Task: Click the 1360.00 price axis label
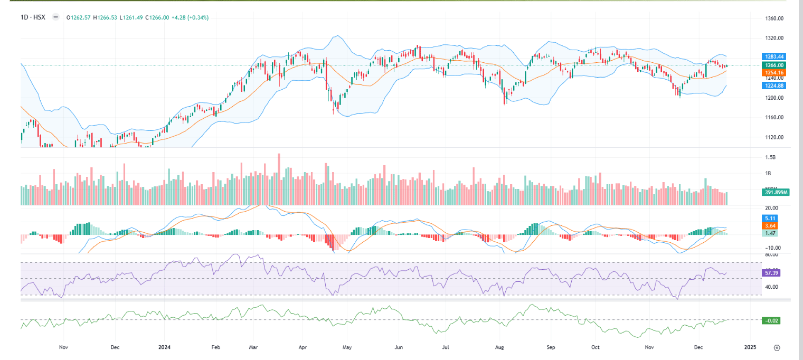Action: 774,18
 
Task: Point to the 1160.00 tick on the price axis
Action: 774,117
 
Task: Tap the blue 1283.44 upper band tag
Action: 774,56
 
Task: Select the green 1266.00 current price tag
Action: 774,65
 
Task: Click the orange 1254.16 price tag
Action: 774,72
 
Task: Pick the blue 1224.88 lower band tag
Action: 774,86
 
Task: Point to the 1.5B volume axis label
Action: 771,157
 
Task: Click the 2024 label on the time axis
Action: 163,347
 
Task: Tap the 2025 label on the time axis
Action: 750,347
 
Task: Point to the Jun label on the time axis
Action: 399,347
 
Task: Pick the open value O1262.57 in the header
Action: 79,17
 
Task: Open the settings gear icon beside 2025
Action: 777,347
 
